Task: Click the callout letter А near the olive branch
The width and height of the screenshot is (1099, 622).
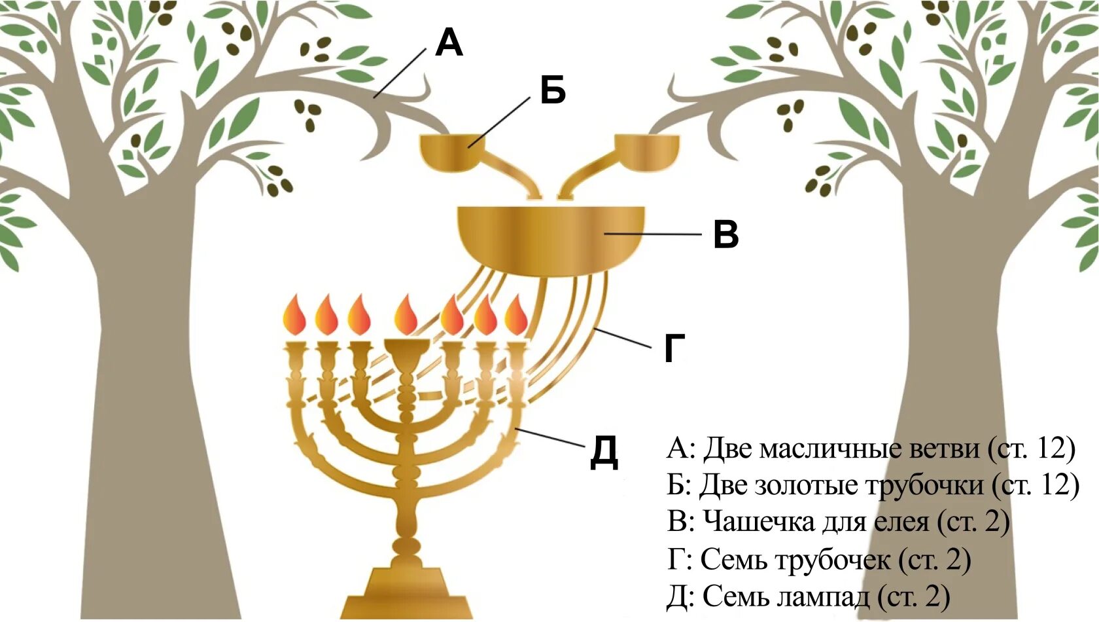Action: coord(449,43)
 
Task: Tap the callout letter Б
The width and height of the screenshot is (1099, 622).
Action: coord(553,90)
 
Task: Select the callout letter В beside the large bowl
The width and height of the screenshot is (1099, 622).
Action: coord(725,234)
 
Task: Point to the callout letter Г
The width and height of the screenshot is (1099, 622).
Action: coord(674,348)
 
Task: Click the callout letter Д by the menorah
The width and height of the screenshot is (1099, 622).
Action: coord(604,452)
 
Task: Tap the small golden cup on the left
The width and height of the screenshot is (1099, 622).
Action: coord(449,149)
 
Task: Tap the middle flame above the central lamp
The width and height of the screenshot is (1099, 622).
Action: coord(406,315)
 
